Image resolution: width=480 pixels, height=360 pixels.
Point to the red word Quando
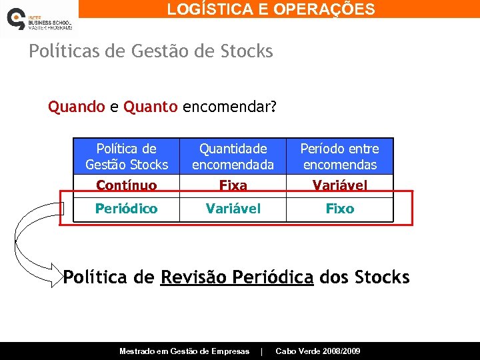(x=76, y=107)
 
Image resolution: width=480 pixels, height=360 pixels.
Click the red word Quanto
(x=151, y=107)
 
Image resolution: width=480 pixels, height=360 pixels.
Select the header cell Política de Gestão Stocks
(x=127, y=157)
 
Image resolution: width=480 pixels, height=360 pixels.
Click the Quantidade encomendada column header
(x=233, y=157)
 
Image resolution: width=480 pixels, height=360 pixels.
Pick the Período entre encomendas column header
(x=339, y=157)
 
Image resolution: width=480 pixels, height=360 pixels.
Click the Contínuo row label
(x=127, y=185)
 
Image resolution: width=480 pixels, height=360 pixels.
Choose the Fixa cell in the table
(x=233, y=185)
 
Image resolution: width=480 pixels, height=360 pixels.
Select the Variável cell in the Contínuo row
(x=339, y=185)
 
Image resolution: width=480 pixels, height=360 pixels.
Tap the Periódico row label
(x=127, y=209)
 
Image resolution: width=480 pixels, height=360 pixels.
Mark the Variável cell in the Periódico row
(x=233, y=209)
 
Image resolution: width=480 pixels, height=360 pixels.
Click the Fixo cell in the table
(x=339, y=209)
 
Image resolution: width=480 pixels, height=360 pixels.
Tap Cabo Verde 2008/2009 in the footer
(x=317, y=351)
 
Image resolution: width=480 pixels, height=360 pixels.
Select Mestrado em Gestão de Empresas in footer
(x=184, y=351)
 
